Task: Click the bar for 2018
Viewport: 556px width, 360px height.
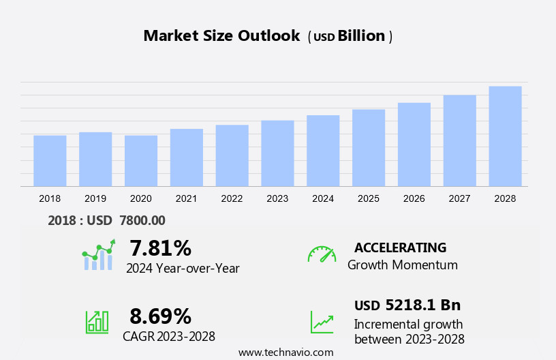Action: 50,161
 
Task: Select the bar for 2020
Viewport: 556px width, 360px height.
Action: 141,161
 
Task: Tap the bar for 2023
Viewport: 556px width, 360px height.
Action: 277,153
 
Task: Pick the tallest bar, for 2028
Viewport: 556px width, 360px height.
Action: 505,136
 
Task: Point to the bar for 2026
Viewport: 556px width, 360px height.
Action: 414,145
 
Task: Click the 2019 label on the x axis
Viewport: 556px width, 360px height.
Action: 95,198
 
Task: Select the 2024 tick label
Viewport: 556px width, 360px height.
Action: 323,198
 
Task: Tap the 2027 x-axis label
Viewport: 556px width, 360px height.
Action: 459,198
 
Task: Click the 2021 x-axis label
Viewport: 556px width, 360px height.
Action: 186,198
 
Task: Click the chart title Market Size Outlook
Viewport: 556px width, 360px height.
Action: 221,36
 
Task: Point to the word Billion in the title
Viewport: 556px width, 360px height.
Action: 362,36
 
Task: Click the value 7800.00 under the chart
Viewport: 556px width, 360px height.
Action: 142,220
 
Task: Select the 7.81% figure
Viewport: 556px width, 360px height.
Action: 160,247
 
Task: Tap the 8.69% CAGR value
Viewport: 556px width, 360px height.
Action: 160,316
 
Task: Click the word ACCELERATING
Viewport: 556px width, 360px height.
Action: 400,247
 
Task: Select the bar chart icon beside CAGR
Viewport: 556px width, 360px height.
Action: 97,321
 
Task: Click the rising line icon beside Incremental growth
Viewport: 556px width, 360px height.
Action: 322,322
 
